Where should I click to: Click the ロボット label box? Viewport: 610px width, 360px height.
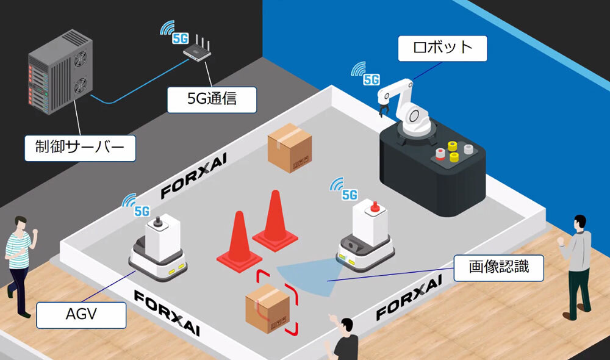(442, 48)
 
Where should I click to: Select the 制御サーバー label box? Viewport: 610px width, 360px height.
(80, 148)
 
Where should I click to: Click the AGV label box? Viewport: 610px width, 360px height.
(81, 315)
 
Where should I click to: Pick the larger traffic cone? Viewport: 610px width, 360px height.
(274, 220)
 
